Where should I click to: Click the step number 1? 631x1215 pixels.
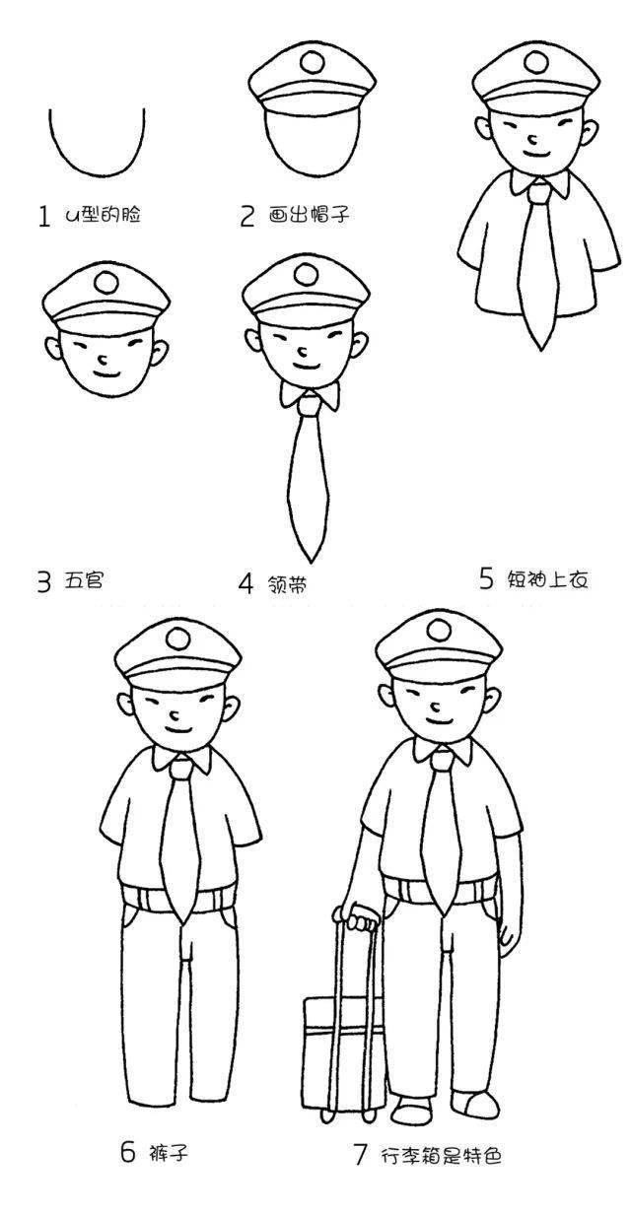[x=44, y=216]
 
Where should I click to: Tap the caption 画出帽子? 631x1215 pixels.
[x=309, y=216]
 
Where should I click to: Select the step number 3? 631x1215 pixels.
[x=44, y=582]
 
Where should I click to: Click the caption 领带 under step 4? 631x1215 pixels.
[x=287, y=584]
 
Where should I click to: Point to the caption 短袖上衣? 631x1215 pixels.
[x=548, y=579]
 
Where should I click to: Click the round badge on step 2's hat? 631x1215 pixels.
[x=313, y=62]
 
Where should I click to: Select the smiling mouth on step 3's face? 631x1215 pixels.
[x=105, y=374]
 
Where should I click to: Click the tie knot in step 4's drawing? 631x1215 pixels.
[x=310, y=406]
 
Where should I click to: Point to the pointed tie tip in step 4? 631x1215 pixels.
[x=310, y=561]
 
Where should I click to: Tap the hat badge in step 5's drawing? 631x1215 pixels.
[x=535, y=62]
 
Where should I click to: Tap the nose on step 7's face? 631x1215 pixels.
[x=436, y=707]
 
